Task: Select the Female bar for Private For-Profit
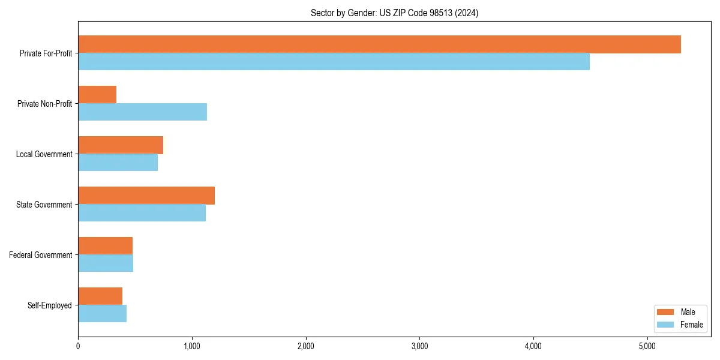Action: click(x=334, y=62)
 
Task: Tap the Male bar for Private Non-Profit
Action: click(x=97, y=95)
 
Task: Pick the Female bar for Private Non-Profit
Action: click(x=142, y=112)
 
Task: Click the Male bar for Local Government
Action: click(x=121, y=145)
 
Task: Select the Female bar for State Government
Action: click(x=142, y=213)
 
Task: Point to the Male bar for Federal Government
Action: click(x=105, y=246)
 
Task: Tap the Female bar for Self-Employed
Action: click(x=102, y=314)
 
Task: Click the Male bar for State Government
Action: click(x=146, y=196)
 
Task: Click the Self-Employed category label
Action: click(x=50, y=305)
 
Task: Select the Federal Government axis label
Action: click(x=41, y=255)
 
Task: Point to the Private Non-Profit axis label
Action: click(x=44, y=104)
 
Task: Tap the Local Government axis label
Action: click(x=44, y=154)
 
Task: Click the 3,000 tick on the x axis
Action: click(x=419, y=346)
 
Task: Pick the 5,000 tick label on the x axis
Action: click(x=647, y=346)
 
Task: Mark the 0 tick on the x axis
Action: click(x=78, y=346)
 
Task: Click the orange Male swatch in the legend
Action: click(x=666, y=312)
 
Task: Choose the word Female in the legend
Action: click(x=691, y=325)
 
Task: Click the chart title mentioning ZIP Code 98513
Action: click(x=394, y=13)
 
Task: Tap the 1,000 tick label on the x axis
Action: click(x=192, y=346)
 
